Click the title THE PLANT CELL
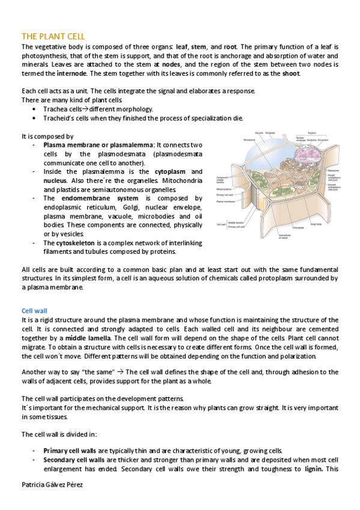tap(53, 37)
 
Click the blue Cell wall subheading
tap(34, 311)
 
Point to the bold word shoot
tap(291, 73)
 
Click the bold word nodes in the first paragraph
tap(171, 64)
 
